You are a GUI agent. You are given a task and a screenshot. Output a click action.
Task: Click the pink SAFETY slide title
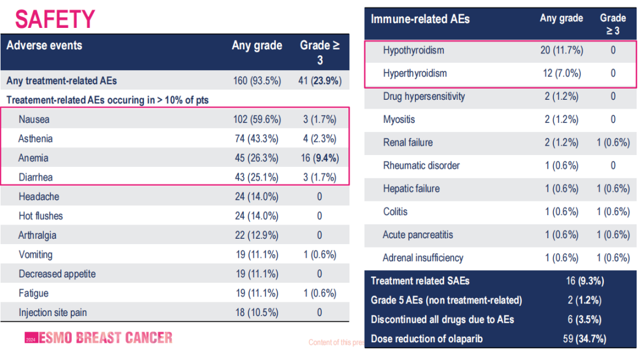(55, 20)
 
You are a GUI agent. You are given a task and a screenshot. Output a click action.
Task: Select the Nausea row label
(34, 119)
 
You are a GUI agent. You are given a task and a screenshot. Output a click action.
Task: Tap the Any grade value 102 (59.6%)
(257, 119)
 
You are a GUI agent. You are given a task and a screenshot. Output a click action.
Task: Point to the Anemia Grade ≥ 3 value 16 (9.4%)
(319, 158)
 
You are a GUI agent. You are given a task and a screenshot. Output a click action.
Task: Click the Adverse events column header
(44, 46)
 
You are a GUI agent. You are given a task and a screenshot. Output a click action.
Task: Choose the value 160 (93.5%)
(257, 81)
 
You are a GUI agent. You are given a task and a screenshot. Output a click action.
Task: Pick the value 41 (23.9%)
(319, 81)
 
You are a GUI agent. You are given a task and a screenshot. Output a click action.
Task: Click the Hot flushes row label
(40, 216)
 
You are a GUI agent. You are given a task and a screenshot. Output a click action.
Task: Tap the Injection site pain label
(52, 312)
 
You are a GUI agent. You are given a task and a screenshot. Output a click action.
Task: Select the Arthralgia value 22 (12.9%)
(257, 235)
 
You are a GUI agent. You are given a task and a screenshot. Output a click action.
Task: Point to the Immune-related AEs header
(420, 19)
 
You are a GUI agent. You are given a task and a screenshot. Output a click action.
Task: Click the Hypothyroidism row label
(413, 50)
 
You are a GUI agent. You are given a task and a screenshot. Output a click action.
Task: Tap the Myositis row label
(399, 119)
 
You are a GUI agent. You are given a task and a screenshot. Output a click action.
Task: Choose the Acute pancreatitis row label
(417, 235)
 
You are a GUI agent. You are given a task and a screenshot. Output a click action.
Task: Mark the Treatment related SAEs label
(420, 281)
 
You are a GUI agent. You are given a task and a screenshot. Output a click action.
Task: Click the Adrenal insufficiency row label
(423, 258)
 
